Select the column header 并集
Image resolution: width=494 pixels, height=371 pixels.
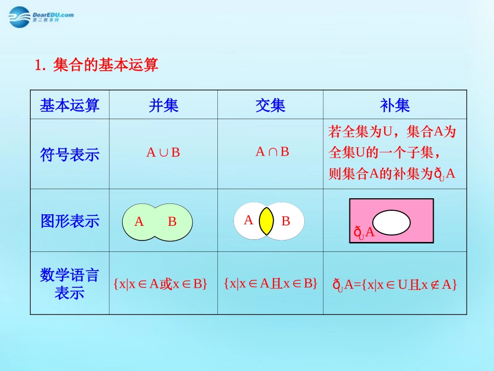coord(163,106)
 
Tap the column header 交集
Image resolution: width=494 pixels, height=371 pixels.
coord(270,106)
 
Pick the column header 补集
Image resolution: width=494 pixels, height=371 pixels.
coord(395,106)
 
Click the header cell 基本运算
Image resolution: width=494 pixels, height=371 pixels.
coord(70,106)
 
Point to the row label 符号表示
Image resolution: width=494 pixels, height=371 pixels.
coord(70,155)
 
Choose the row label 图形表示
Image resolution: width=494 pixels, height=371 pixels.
coord(70,221)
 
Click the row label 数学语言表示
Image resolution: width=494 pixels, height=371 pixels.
coord(70,284)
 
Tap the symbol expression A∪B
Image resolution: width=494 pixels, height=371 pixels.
coord(163,152)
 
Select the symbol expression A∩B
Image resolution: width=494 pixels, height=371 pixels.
coord(272,151)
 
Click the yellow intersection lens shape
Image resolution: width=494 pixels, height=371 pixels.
coord(266,221)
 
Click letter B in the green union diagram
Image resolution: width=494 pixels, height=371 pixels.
coord(172,222)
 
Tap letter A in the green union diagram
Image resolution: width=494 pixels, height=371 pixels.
coord(139,222)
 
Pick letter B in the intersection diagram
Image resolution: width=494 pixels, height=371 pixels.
coord(285,221)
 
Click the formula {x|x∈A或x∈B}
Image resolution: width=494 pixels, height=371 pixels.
coord(160,284)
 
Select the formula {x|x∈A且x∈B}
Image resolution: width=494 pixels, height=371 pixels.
coord(270,283)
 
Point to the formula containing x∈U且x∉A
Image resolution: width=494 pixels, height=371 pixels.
coord(395,284)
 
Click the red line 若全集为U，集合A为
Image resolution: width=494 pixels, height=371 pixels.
coord(392,132)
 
